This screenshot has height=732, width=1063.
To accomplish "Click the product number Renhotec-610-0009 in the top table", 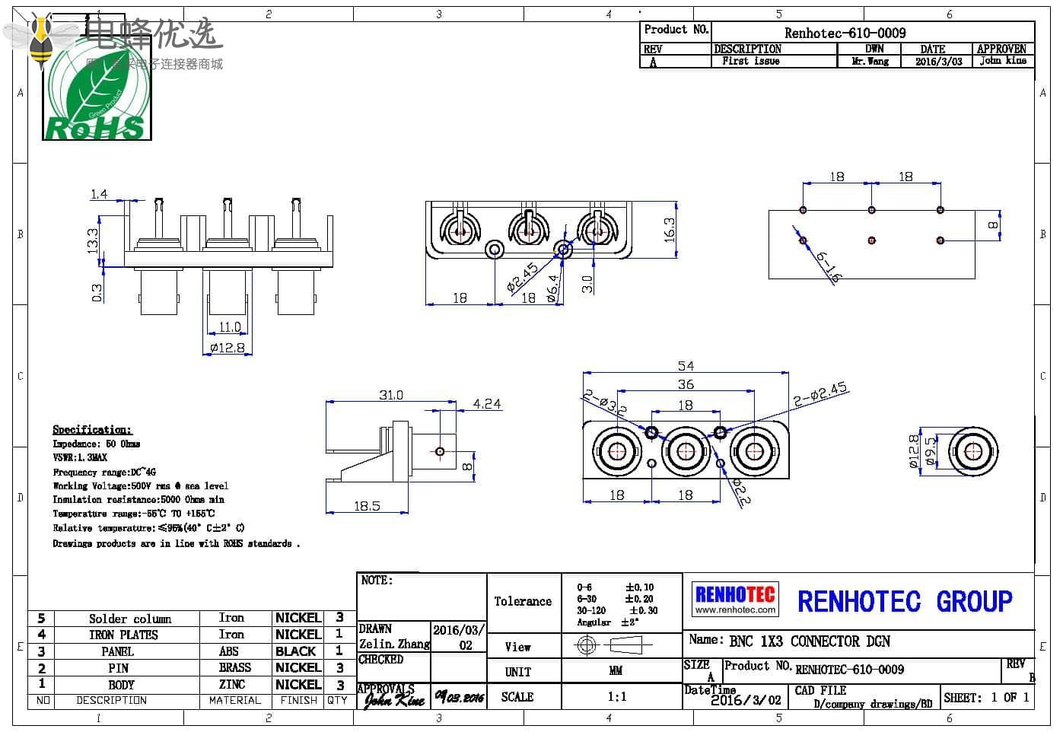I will point(845,33).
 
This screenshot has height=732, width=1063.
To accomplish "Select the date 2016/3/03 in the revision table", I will point(937,62).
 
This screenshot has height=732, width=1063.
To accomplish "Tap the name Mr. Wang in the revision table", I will point(870,62).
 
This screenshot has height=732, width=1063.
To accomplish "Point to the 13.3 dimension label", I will point(93,240).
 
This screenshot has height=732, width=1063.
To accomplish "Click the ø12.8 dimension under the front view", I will point(228,348).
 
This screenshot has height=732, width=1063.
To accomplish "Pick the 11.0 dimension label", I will point(229,327).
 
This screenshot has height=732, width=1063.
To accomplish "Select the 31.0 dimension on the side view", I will point(391,395).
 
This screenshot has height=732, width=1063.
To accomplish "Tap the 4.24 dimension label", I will point(487,404).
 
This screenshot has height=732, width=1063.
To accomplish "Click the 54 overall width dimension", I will point(685,366).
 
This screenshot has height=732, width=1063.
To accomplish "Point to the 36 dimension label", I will point(686,384).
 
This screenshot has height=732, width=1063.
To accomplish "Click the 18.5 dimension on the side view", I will point(367,506).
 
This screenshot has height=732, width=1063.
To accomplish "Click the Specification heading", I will point(92,430).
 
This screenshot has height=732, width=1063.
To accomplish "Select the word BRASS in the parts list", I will point(234,667).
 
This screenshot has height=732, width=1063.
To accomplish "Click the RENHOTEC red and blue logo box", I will point(735,599).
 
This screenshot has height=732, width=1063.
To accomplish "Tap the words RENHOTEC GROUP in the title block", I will point(905,601).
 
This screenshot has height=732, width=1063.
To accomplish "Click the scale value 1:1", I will point(617,696).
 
